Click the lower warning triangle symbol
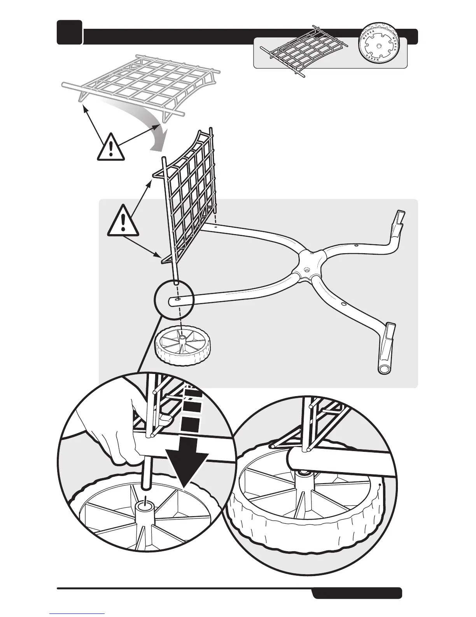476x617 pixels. tap(123, 221)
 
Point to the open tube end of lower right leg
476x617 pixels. tap(384, 368)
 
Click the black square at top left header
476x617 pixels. tap(69, 32)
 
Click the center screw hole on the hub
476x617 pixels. tap(307, 269)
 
